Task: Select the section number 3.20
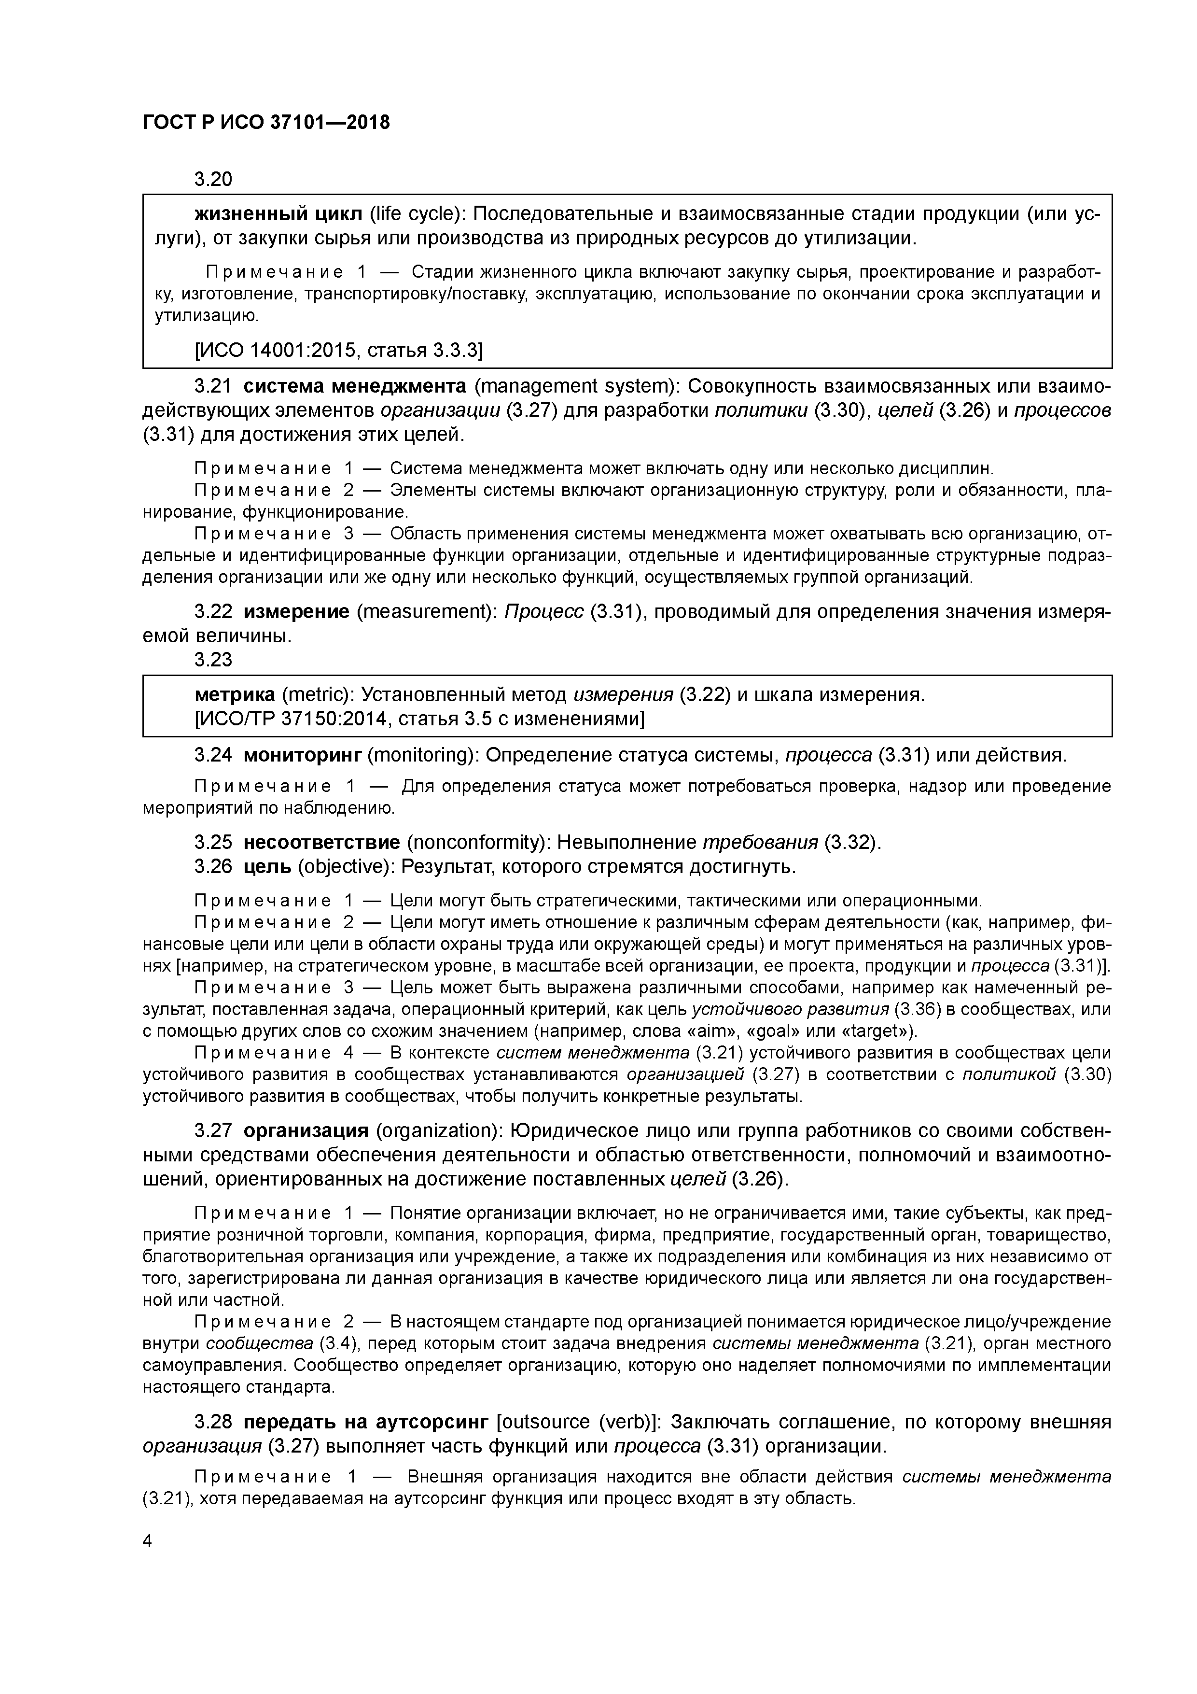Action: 213,179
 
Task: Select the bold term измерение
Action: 296,612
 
